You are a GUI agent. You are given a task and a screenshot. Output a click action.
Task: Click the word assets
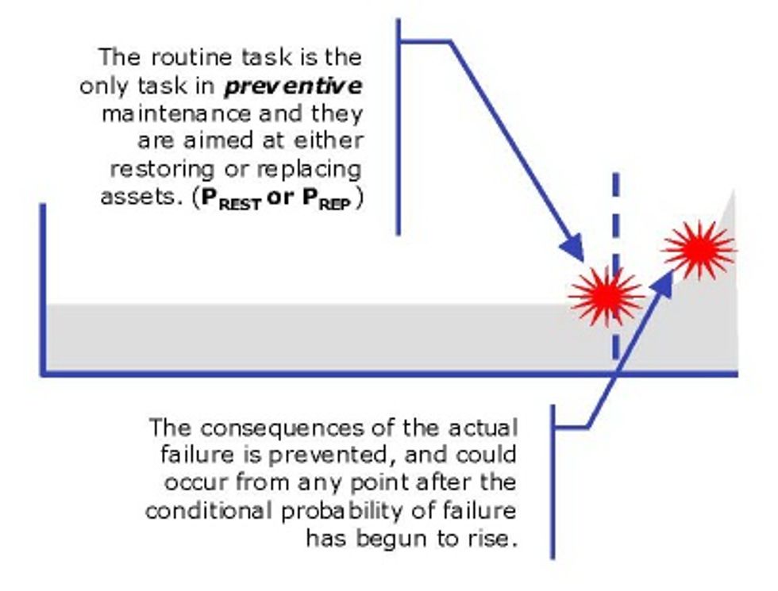(132, 197)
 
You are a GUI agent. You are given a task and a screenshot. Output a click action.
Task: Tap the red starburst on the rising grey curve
(699, 249)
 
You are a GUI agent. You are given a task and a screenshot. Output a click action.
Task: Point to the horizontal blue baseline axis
(318, 373)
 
